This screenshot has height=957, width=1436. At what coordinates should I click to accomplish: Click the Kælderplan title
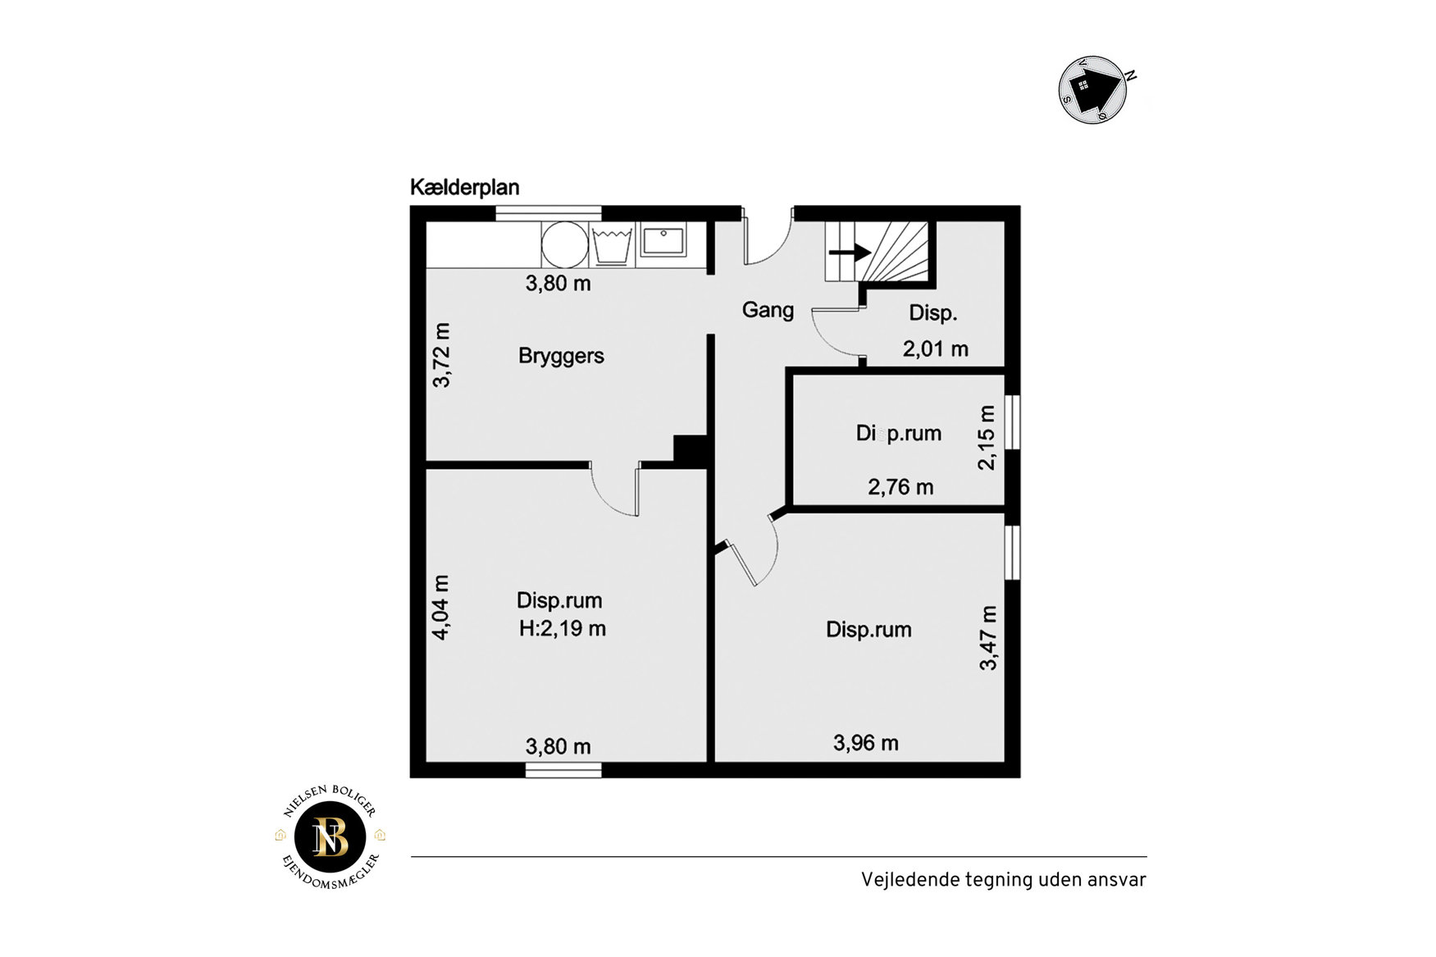[x=465, y=188]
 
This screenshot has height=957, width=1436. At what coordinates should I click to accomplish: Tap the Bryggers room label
[x=561, y=356]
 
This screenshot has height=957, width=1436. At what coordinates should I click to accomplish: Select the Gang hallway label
[x=768, y=310]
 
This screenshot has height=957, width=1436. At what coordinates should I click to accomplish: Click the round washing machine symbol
[x=564, y=244]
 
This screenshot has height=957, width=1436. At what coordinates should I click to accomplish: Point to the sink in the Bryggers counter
[x=663, y=241]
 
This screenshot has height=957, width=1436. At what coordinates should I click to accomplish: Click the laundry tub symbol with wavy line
[x=612, y=245]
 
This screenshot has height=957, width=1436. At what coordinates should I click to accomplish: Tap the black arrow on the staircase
[x=850, y=252]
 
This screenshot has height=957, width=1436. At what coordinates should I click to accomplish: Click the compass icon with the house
[x=1093, y=89]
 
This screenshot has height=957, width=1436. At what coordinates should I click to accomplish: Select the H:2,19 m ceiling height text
[x=563, y=629]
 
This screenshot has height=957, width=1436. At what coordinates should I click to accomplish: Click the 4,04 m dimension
[x=440, y=607]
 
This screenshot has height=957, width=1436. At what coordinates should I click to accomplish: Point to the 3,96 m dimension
[x=866, y=743]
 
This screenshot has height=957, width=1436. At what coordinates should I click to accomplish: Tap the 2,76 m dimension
[x=900, y=487]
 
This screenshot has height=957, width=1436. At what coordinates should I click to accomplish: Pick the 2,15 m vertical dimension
[x=987, y=437]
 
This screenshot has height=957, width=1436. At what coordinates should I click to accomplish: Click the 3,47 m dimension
[x=988, y=638]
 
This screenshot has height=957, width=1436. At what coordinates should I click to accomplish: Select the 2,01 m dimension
[x=936, y=349]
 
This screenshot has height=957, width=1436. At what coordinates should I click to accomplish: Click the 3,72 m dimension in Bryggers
[x=441, y=355]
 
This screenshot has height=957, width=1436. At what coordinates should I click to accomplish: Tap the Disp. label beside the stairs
[x=933, y=313]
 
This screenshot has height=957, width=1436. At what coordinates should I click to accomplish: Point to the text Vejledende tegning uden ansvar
[x=1004, y=880]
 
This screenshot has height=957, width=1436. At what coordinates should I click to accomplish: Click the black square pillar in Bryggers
[x=691, y=450]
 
